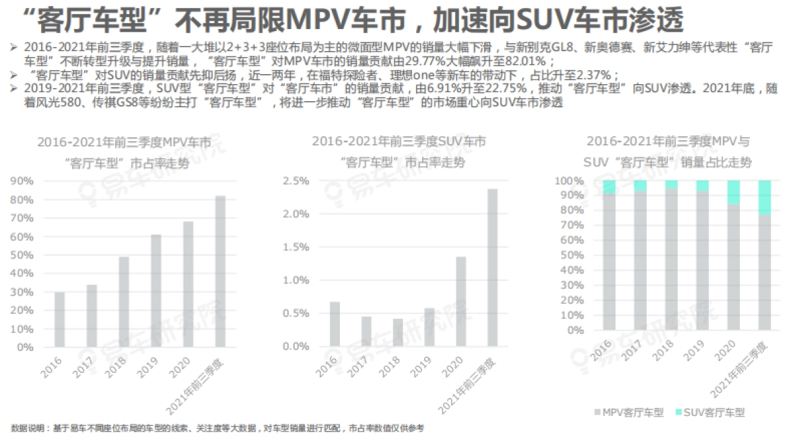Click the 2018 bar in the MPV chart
click(124, 302)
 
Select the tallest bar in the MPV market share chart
click(220, 272)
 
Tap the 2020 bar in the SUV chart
click(460, 302)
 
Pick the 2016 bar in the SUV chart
click(335, 324)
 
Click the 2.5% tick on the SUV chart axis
click(295, 181)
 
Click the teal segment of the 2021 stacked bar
click(765, 197)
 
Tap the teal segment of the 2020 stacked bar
click(733, 192)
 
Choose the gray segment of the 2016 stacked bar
click(609, 262)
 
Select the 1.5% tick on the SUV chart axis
click(295, 247)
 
